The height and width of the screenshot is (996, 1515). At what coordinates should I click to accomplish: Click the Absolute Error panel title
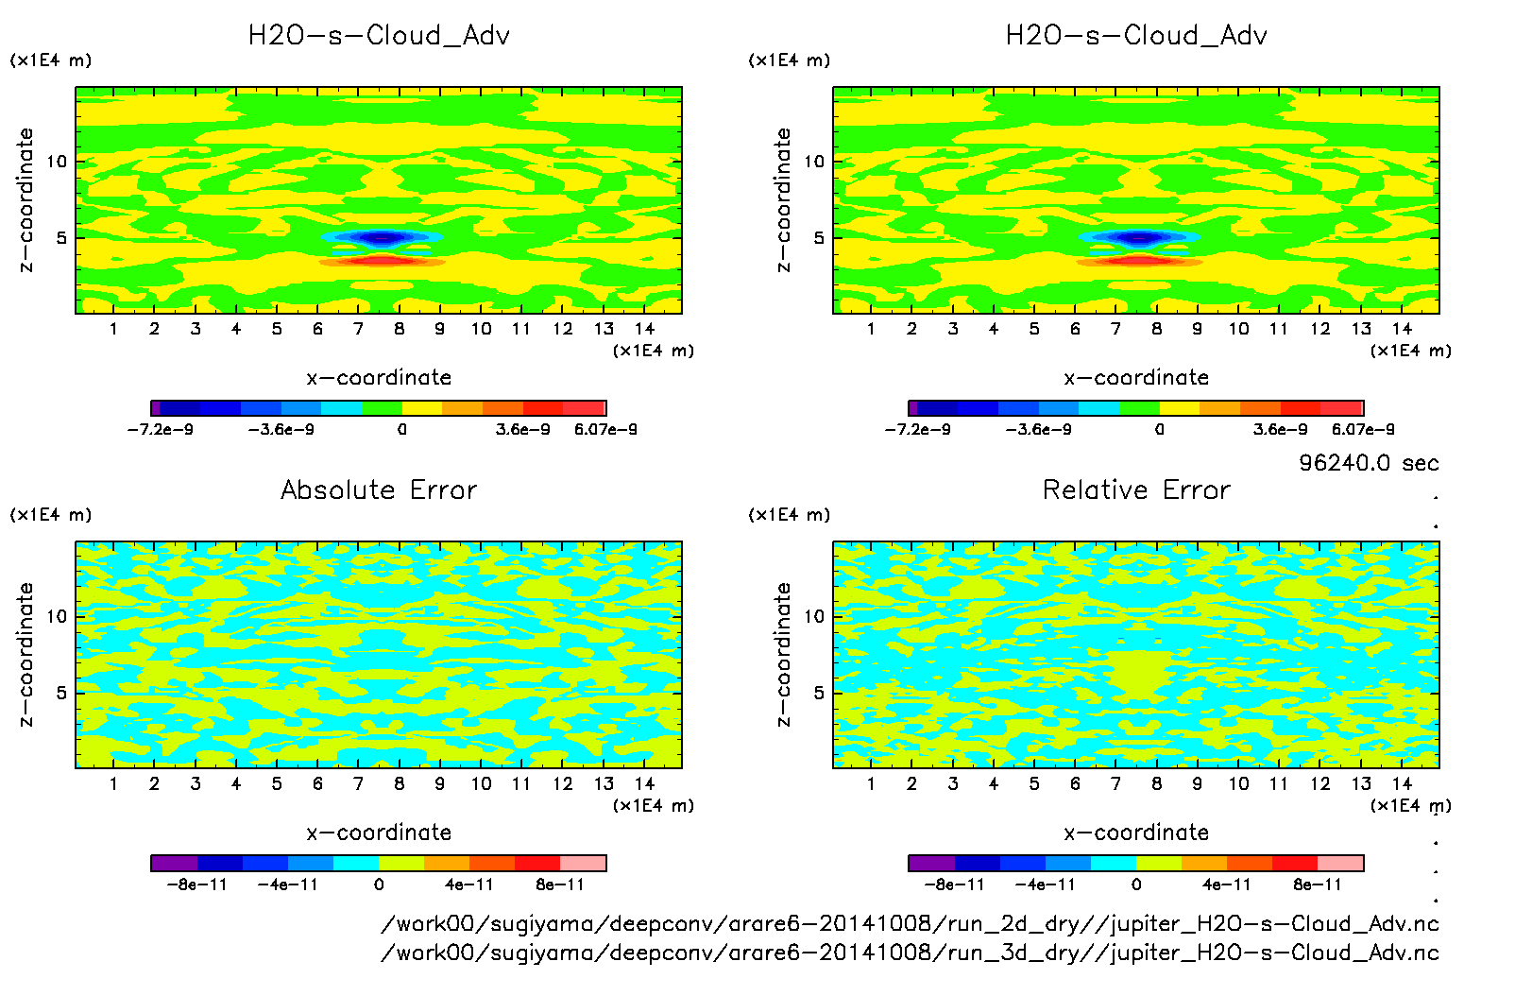379,489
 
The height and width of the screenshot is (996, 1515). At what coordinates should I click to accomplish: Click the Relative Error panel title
1136,489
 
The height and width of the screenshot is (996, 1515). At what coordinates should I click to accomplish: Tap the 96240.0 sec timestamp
1369,463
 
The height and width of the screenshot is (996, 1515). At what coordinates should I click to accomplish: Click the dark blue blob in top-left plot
381,237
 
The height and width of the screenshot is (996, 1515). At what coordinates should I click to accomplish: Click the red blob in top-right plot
1139,260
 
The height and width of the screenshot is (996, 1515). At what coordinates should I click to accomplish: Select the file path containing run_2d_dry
910,923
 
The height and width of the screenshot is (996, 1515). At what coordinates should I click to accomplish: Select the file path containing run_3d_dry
910,952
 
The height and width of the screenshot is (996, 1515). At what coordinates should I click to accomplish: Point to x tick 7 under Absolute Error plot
358,783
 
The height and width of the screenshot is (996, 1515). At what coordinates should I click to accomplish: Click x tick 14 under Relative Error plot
1402,783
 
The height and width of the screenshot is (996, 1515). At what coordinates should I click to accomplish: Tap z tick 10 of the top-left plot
58,162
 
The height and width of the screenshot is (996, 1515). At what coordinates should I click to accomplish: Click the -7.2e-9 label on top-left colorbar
161,429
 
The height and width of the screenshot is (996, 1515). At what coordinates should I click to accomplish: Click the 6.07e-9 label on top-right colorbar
1363,429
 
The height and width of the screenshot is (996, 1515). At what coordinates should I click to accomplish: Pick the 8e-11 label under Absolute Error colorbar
560,884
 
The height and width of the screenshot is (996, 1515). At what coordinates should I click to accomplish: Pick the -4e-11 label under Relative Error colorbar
1046,884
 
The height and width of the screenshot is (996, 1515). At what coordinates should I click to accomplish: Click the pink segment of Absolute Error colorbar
583,863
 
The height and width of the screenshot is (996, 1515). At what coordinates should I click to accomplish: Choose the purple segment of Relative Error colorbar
931,863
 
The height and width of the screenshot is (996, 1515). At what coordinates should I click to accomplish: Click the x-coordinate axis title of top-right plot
1136,377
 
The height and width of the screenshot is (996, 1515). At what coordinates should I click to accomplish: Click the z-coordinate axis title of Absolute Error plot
26,654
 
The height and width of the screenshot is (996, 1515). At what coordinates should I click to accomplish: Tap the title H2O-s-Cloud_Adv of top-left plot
379,36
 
